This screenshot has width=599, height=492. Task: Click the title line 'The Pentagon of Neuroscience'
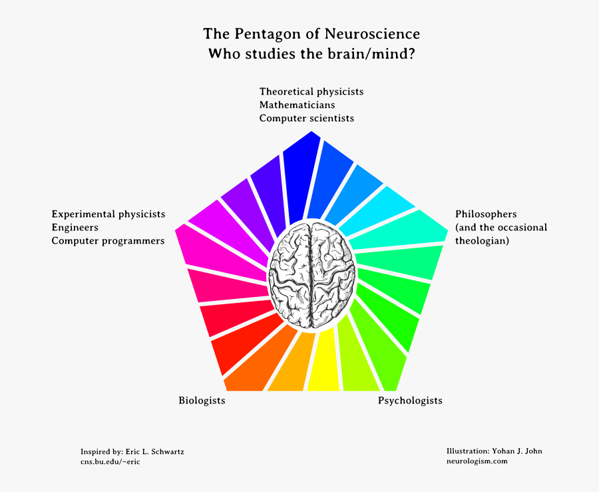tap(311, 34)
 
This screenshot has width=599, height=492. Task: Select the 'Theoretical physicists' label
tap(311, 91)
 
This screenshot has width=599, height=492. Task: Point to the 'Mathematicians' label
tap(297, 105)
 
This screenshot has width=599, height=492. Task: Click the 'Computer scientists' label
tap(307, 118)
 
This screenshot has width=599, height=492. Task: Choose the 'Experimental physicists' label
tap(108, 214)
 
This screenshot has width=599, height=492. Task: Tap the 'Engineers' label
tap(75, 227)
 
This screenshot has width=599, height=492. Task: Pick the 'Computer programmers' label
tap(108, 240)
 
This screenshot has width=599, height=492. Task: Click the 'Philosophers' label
tap(486, 214)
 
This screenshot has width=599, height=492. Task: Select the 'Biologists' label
tap(202, 400)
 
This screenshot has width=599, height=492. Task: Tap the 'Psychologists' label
tap(410, 400)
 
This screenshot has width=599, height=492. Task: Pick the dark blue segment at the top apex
tap(301, 176)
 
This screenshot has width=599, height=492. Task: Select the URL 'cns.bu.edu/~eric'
tap(110, 461)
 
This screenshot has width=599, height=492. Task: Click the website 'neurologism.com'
tap(477, 461)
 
